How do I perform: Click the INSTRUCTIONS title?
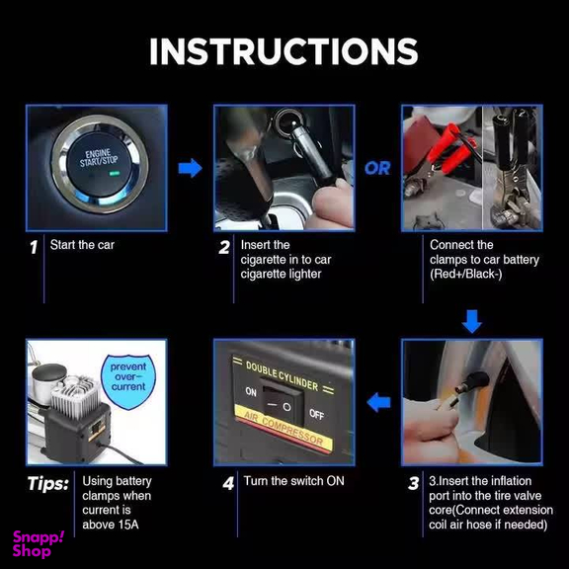point(284,51)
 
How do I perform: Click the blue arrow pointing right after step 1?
point(190,168)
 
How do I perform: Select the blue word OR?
point(377,168)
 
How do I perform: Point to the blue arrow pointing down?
point(472,321)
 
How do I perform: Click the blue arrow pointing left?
point(378,402)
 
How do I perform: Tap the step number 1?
point(34,248)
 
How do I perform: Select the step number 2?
point(224,248)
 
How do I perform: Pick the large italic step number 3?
point(413,483)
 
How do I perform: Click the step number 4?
point(228,483)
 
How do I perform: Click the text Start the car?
point(82,245)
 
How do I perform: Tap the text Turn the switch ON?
point(294,481)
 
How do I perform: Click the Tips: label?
point(47,484)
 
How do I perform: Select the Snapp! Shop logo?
point(38,544)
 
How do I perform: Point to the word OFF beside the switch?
point(316,414)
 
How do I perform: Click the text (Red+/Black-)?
point(466,274)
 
